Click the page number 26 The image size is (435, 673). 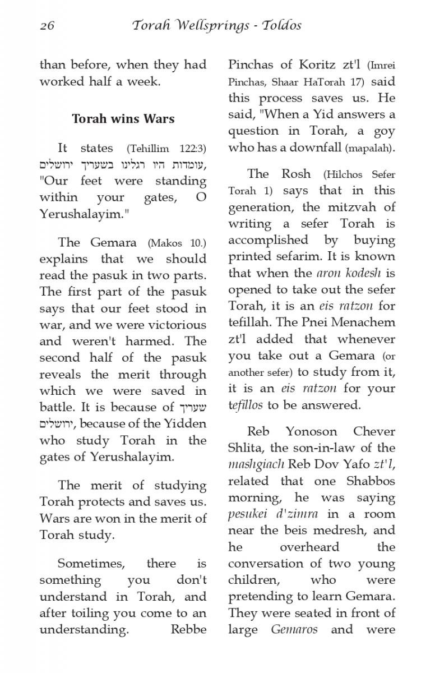click(47, 26)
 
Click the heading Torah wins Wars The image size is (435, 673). click(123, 119)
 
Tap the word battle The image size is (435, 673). click(57, 407)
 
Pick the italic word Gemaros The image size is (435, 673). click(294, 629)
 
